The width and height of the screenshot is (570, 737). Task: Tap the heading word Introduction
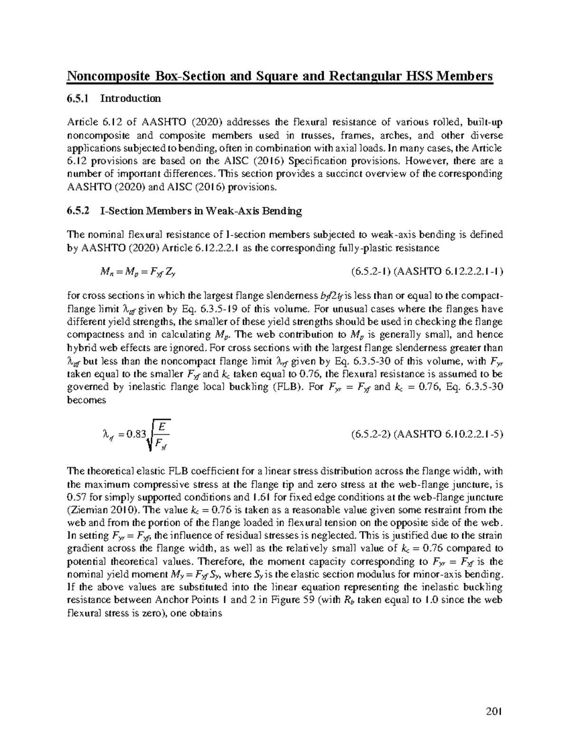[130, 99]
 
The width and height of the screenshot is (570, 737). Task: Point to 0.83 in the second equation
[138, 434]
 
